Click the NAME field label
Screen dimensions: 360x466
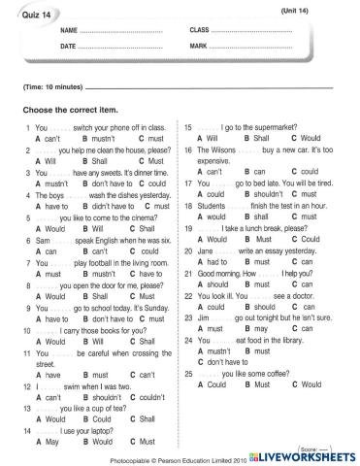tap(67, 31)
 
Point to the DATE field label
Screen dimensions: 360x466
tap(67, 46)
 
